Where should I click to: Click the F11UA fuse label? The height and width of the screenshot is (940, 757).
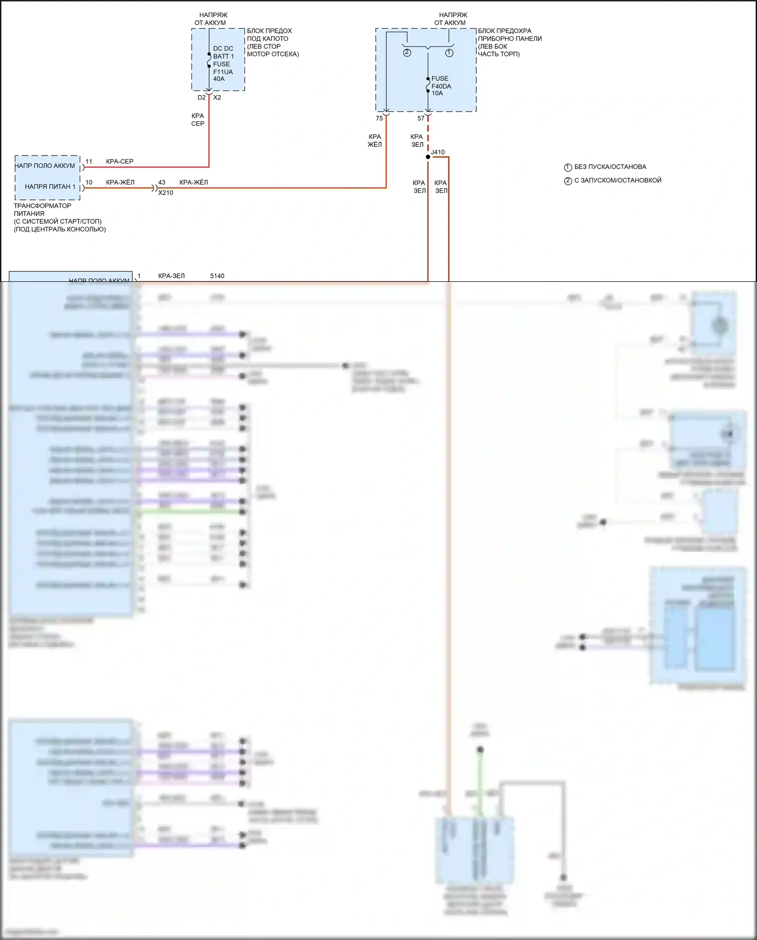223,72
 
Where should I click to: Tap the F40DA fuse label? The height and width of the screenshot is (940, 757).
441,86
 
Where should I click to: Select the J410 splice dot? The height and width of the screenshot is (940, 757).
428,157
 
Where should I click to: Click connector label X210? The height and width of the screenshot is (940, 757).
166,192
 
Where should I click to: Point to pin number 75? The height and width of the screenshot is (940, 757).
379,118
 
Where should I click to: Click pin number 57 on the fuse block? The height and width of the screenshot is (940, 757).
421,118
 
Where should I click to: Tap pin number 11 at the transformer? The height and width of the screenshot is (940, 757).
89,162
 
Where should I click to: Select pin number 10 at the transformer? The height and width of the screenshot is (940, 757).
89,182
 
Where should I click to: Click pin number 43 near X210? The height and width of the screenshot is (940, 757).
162,182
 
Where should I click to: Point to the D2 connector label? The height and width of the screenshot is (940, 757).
201,97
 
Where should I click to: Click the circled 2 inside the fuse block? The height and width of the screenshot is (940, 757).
407,53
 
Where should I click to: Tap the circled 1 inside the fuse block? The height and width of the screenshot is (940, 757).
449,53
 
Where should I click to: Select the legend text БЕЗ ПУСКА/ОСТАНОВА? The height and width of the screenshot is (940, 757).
610,167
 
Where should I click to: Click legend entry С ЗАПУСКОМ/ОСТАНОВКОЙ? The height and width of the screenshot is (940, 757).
618,180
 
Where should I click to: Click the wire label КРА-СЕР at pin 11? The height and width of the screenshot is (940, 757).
120,162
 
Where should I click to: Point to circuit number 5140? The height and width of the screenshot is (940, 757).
217,276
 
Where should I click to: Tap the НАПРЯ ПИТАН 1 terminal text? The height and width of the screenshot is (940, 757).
50,186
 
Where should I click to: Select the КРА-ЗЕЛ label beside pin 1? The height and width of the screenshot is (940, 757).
171,276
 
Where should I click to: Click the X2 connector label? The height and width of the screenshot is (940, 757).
217,97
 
